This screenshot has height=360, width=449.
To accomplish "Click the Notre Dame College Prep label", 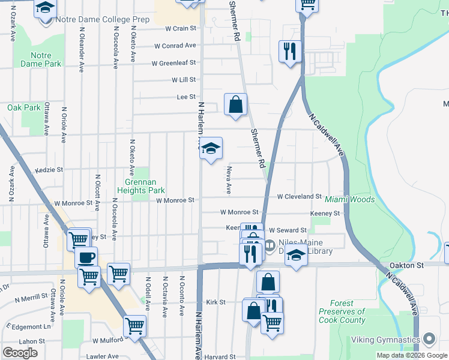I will point(102,19).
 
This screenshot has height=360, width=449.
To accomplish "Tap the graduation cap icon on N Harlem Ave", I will point(211,149).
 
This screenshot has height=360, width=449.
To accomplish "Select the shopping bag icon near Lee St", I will point(236,104).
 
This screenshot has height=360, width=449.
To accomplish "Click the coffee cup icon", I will point(86,257).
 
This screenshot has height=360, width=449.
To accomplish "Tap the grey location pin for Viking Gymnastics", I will point(429,340).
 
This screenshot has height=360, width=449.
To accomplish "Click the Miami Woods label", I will point(349,199).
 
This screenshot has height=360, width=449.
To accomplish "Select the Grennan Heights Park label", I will point(144,186).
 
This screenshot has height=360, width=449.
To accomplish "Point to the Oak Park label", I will point(23,107).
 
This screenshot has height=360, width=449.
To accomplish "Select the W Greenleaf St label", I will point(173,63).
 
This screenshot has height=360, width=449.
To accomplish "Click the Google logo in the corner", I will point(20,352).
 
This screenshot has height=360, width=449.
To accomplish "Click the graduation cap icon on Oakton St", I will point(296,256).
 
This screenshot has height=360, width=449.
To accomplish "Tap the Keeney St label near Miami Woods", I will point(325,213).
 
